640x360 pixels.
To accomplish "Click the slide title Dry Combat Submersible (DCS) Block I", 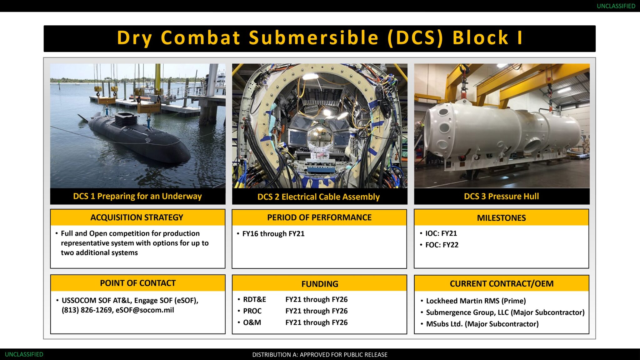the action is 319,38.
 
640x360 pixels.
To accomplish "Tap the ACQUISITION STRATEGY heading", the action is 137,217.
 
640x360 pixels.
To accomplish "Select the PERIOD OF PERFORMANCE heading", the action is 319,217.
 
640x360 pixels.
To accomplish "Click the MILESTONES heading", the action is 501,218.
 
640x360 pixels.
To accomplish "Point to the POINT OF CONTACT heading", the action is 138,283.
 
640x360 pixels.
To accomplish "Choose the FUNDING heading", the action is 320,284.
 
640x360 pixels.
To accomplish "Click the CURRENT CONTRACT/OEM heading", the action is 502,283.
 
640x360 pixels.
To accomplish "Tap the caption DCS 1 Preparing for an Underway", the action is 137,196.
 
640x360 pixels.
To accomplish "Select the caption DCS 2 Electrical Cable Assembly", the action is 318,197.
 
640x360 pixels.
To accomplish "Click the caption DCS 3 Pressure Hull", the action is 501,196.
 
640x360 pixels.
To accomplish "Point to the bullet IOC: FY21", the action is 441,233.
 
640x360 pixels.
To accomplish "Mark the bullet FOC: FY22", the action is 442,245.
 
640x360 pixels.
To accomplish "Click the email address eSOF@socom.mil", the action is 145,310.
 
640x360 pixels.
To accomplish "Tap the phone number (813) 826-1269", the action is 87,310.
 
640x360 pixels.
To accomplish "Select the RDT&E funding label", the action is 254,299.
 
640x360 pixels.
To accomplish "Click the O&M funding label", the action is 252,322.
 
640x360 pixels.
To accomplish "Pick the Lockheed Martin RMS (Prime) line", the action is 476,301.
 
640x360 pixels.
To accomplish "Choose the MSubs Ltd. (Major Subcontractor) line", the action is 482,324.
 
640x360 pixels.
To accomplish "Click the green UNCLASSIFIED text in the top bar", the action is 616,6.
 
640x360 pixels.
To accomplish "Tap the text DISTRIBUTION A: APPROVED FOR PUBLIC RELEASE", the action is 320,355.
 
